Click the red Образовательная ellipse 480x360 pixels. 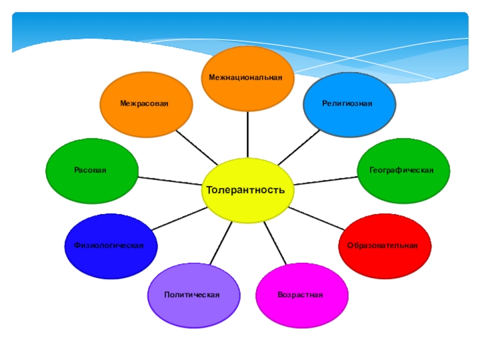coord(385,246)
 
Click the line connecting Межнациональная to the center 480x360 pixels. coord(247,135)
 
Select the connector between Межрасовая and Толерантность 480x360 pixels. coord(197,146)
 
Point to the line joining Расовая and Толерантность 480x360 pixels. coord(171,180)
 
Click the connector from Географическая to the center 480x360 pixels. coord(327,180)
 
